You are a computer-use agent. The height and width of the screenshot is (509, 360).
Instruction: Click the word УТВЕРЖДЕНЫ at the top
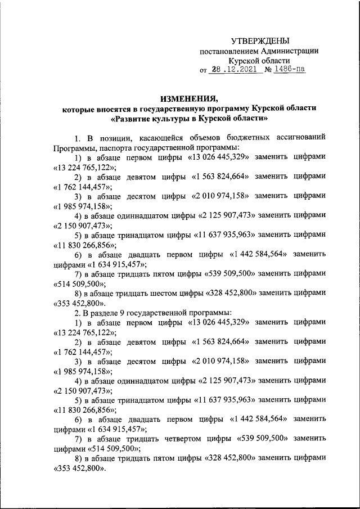[260, 41]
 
